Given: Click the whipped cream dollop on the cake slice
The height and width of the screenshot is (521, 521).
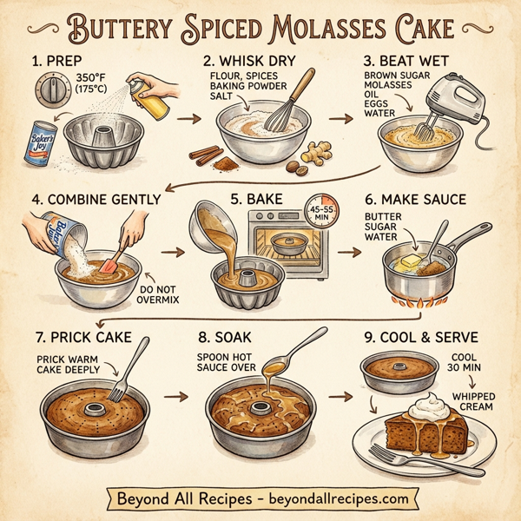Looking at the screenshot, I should (429, 404).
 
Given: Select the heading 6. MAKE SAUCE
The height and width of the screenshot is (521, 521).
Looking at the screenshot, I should (414, 200).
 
